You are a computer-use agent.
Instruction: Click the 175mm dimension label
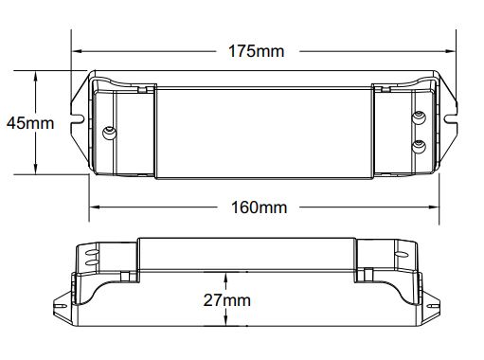(256, 51)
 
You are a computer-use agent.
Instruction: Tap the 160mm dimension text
(260, 207)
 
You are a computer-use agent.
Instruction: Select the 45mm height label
(30, 123)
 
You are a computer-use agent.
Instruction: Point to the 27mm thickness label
(226, 300)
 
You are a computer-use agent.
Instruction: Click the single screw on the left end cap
(110, 133)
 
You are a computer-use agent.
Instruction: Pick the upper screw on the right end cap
(419, 117)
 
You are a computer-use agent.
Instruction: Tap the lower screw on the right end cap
(419, 146)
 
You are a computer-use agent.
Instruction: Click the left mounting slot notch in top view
(78, 118)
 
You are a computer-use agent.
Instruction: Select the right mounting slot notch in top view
(451, 118)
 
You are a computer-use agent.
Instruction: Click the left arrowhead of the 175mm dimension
(78, 51)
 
